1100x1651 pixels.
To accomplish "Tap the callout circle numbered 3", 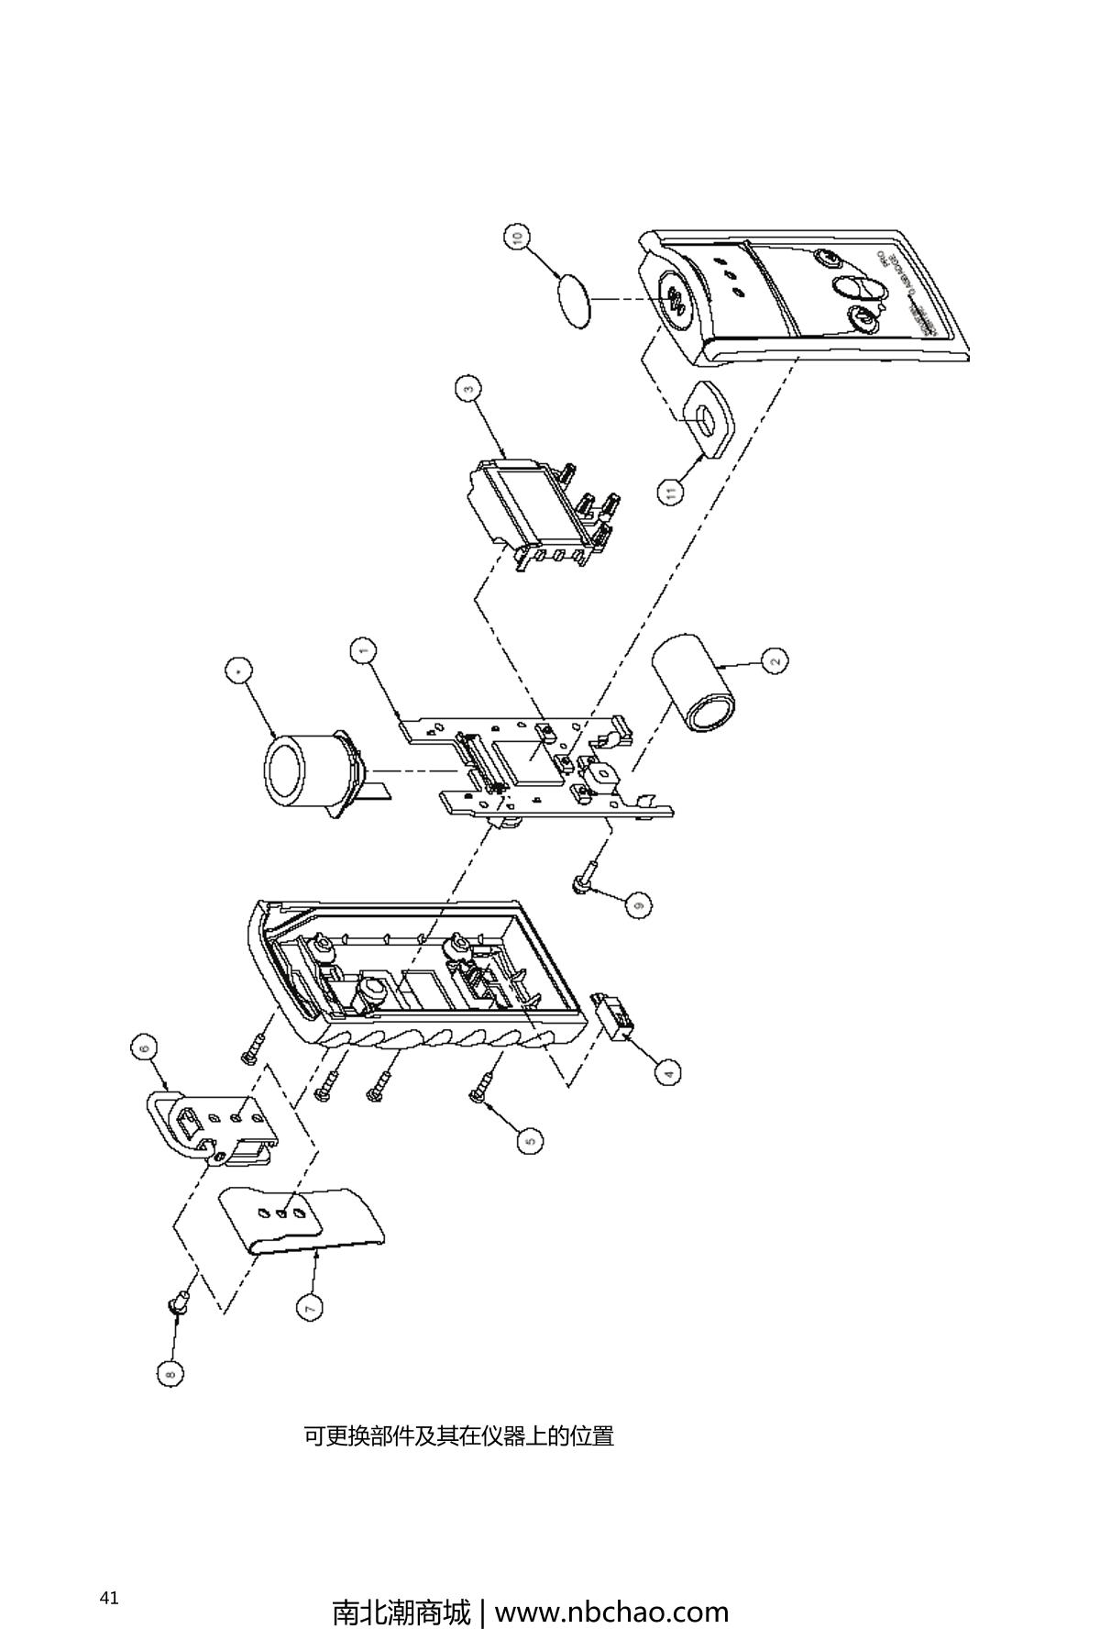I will pyautogui.click(x=469, y=389).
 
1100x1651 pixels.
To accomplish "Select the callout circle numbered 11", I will pyautogui.click(x=672, y=493).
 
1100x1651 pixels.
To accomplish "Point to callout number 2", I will pyautogui.click(x=775, y=660).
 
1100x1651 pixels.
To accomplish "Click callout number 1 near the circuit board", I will pyautogui.click(x=364, y=651).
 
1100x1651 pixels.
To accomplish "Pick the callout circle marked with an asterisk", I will pyautogui.click(x=239, y=672).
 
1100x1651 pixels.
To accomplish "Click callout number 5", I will pyautogui.click(x=529, y=1140).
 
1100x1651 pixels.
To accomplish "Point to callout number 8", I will pyautogui.click(x=170, y=1373).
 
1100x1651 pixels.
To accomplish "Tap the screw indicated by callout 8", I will pyautogui.click(x=180, y=1302).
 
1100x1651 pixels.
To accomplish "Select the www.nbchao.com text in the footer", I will pyautogui.click(x=611, y=1612).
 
